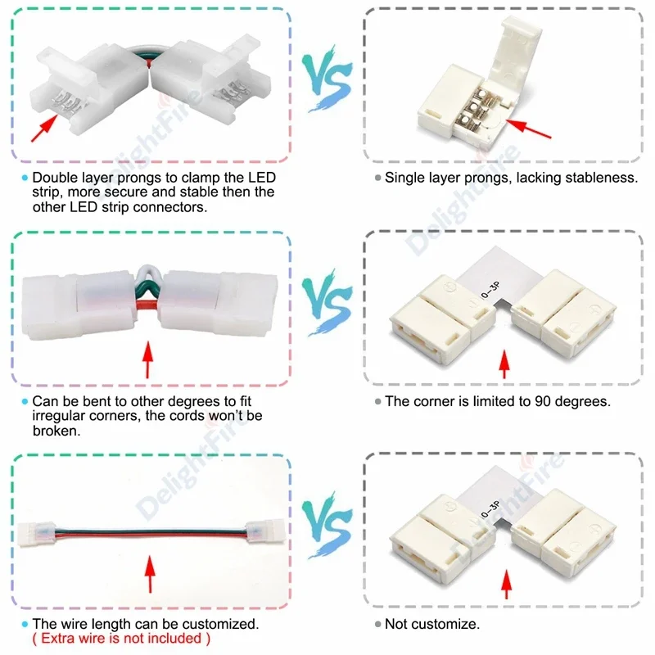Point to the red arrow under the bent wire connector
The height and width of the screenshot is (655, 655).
(148, 360)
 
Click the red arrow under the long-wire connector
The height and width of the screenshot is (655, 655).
(148, 576)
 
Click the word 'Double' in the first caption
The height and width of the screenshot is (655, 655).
(56, 178)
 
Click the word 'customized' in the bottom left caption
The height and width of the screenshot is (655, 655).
(222, 624)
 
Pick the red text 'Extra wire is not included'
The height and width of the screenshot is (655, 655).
(120, 638)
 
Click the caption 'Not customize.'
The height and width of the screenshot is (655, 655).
(431, 624)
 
